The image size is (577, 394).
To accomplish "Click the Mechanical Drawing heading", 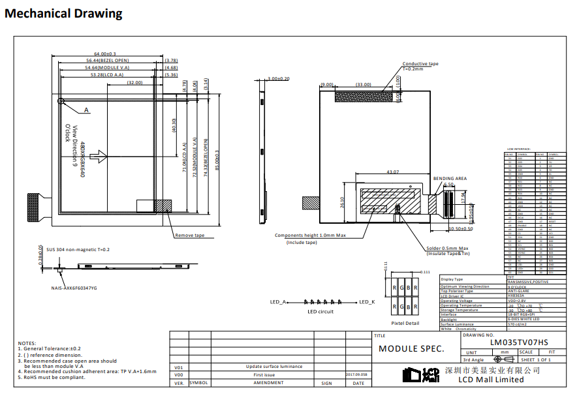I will tap(63, 13).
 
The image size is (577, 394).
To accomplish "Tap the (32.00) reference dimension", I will tap(135, 83).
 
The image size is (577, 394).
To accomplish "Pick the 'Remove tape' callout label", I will tap(189, 235).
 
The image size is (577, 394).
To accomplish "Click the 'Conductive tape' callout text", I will tap(420, 64).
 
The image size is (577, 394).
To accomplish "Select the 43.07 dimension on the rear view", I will tap(392, 172).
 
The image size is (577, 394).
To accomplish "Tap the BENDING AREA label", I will tap(450, 178).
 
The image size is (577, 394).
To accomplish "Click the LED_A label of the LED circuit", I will tap(278, 302).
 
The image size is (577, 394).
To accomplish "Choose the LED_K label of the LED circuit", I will tap(367, 302).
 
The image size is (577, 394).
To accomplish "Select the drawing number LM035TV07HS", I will tap(519, 342).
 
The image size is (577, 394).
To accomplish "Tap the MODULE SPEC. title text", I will tap(411, 349).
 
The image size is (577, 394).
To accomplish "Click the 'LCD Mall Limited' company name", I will tap(491, 380).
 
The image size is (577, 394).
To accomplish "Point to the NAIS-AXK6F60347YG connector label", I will tap(74, 288).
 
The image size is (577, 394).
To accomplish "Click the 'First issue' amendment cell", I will tap(264, 375).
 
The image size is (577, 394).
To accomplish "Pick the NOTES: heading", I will tap(27, 343).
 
